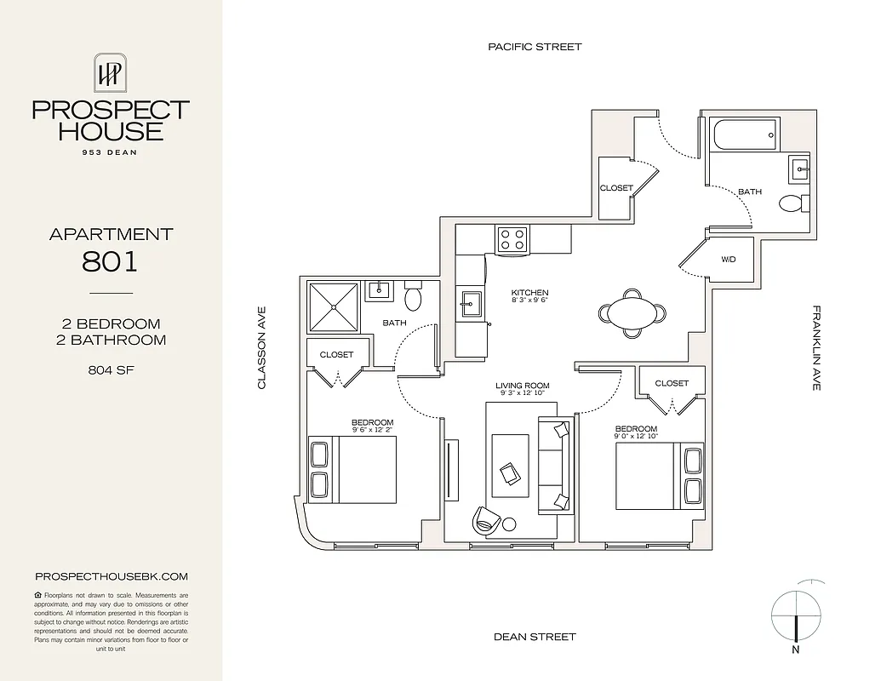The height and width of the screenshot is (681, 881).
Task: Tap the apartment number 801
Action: pos(111,260)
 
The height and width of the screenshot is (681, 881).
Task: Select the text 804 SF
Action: pos(111,370)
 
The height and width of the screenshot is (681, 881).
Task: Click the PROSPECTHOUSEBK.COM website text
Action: pos(111,576)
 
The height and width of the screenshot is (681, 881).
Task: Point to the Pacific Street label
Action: pos(535,47)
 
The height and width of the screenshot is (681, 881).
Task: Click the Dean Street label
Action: pos(535,637)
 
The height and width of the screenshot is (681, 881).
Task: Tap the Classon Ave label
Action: pos(262,348)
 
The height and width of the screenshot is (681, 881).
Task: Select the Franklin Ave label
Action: pos(815,348)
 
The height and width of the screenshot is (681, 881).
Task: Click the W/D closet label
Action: pos(729,260)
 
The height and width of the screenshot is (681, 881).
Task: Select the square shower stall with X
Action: pos(333,306)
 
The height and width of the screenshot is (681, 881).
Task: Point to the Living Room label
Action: pos(522,386)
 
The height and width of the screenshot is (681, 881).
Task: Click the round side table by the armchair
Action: pos(508,524)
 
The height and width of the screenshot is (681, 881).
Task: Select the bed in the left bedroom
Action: pos(352,469)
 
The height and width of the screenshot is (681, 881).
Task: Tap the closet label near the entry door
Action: pos(615,188)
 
